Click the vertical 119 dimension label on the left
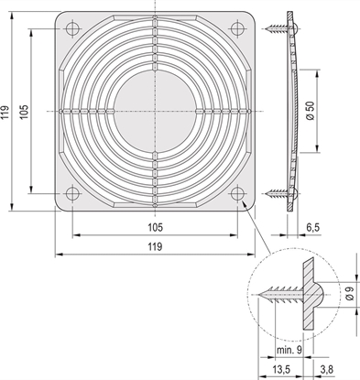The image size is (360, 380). point(7,113)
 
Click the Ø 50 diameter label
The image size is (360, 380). point(311,111)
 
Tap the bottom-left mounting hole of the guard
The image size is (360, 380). point(69,193)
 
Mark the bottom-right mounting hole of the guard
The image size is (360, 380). point(238,193)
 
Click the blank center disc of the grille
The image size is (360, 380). point(153,112)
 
